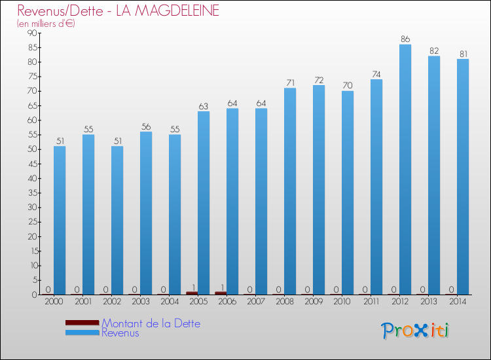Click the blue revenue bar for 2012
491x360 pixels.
pos(405,170)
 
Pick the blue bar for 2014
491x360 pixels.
pos(463,177)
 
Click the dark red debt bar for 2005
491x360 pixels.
pos(192,293)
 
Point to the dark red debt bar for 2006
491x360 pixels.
pos(221,293)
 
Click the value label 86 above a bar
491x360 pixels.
pos(405,39)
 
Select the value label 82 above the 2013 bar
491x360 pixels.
pos(434,51)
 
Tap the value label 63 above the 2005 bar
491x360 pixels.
pos(204,106)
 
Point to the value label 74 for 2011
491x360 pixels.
pos(376,74)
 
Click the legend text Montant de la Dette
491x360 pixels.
pos(151,323)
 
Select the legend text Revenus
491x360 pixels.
pos(120,333)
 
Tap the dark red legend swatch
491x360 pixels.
pos(82,323)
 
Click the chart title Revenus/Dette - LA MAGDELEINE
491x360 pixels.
pos(118,11)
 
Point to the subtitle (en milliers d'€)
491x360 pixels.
pos(46,24)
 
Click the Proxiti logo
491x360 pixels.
pos(415,331)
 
